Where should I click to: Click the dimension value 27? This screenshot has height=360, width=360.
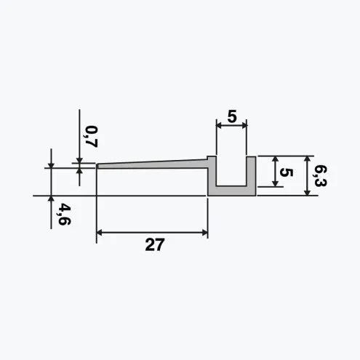(155, 244)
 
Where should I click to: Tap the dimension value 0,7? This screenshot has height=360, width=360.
(91, 137)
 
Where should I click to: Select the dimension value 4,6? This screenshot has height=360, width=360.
(64, 215)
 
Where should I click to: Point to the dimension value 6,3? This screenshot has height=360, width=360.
(320, 175)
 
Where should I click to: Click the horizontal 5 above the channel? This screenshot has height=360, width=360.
(232, 116)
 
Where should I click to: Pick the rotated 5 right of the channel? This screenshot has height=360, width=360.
(287, 172)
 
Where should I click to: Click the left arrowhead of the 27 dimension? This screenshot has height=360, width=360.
(99, 233)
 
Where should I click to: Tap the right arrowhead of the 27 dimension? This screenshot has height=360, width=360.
(205, 233)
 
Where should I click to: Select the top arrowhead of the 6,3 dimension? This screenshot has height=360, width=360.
(307, 159)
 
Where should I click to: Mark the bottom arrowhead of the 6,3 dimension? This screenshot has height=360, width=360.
(307, 193)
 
